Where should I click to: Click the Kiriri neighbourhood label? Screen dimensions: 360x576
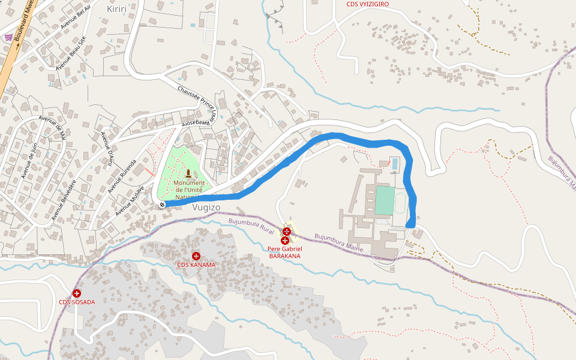(117, 8)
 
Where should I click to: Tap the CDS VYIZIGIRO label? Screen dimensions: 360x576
(367, 4)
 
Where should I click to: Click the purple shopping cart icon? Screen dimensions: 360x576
(8, 37)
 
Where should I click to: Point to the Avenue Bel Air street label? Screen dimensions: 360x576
(75, 18)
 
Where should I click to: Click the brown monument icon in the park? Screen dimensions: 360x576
(188, 173)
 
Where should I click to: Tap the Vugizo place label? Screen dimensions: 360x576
(206, 207)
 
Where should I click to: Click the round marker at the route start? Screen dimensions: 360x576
(162, 205)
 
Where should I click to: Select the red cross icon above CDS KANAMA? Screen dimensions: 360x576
(196, 256)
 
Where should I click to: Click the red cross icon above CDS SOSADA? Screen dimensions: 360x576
(77, 293)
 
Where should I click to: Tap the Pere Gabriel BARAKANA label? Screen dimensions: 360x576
(285, 252)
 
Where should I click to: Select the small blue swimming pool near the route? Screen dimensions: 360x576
(394, 163)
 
